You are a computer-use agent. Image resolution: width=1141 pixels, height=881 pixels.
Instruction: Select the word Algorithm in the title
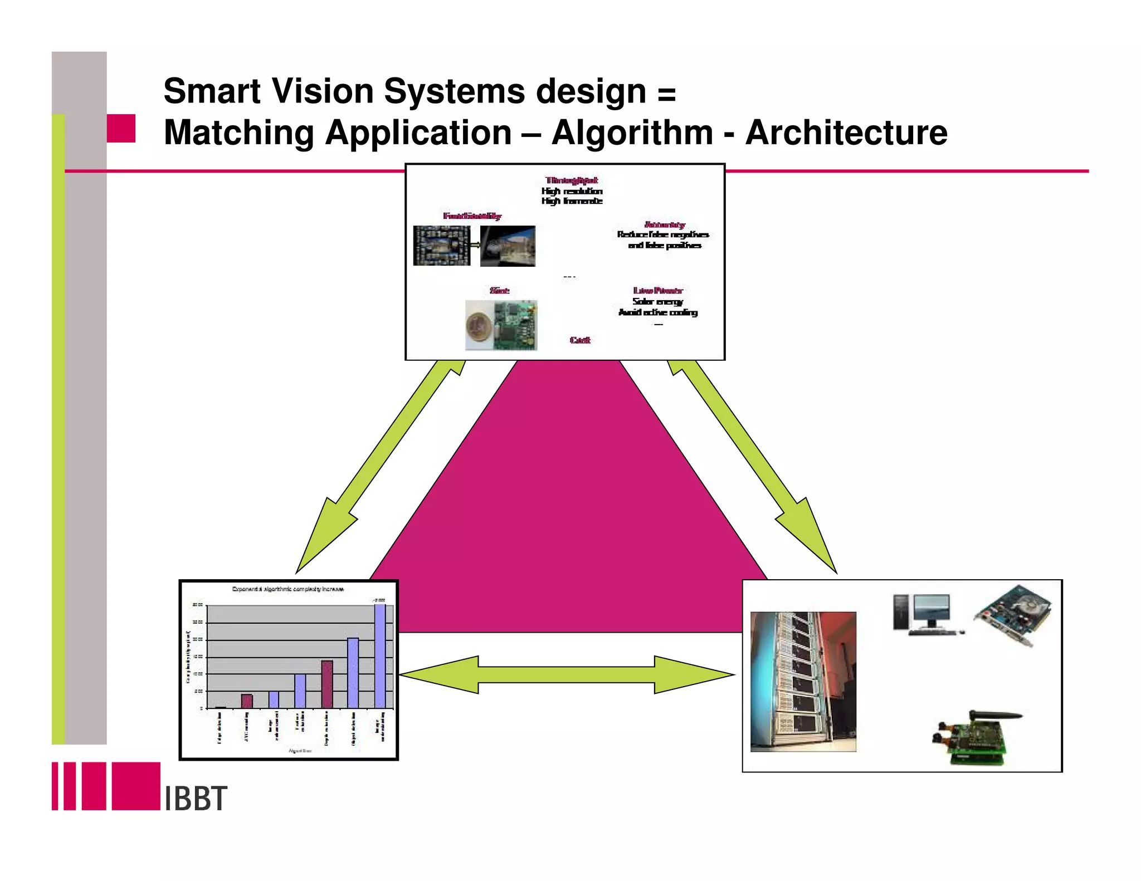pos(632,133)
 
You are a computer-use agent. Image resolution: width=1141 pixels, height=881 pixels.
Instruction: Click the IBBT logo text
pos(196,799)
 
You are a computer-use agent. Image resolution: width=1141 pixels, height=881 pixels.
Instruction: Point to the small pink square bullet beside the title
pos(121,129)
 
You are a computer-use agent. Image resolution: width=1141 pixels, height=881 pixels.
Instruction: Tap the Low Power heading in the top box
pos(657,291)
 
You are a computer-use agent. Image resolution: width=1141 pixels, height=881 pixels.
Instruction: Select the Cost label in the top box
pos(580,340)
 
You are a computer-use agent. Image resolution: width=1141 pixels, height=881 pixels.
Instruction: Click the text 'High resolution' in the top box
pos(572,191)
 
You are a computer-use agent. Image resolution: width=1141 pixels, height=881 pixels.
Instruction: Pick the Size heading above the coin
pos(499,291)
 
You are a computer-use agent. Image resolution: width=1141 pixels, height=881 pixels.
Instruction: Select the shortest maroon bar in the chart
pos(247,701)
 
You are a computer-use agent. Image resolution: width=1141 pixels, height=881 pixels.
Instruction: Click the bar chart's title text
pos(287,589)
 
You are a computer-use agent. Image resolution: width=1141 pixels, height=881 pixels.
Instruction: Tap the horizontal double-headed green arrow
pos(566,675)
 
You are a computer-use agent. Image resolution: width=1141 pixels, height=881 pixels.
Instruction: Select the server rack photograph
pos(803,682)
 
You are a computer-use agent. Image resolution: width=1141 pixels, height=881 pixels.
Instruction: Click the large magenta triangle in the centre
pos(568,512)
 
